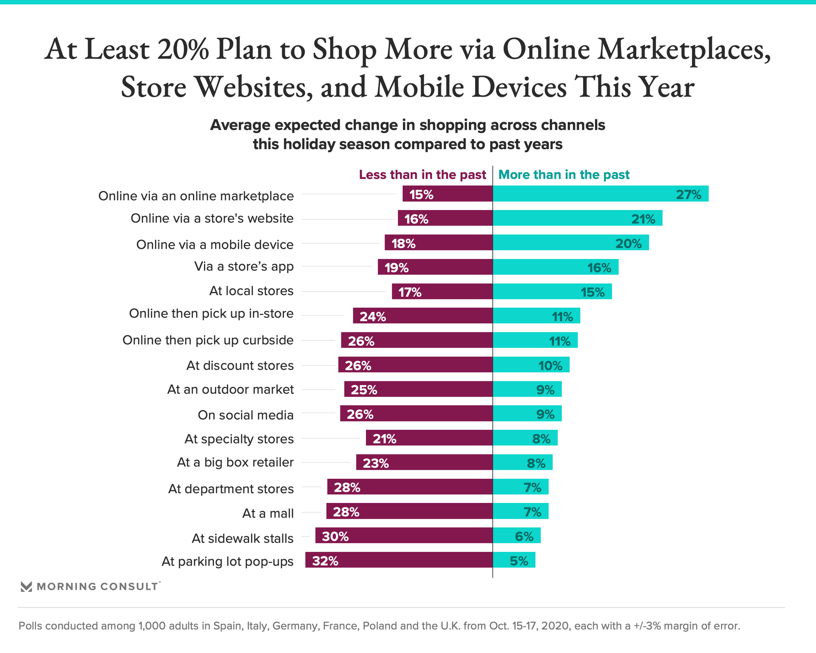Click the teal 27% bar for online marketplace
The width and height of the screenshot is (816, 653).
tap(600, 194)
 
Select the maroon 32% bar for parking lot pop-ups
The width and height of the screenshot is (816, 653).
tap(399, 560)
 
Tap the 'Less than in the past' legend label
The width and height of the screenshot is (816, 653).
tap(422, 175)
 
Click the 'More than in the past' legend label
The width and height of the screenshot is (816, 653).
tap(564, 175)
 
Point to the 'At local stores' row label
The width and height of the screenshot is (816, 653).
tap(251, 291)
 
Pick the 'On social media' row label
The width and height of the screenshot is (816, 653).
tap(246, 415)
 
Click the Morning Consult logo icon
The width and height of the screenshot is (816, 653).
tap(26, 587)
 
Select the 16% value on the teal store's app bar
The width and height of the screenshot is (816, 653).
tap(599, 268)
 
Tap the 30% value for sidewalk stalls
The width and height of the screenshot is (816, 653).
tap(335, 537)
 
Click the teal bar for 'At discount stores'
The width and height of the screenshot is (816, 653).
tap(531, 365)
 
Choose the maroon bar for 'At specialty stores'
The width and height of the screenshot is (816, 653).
tap(429, 438)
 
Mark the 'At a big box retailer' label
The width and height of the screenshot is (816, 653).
tap(235, 462)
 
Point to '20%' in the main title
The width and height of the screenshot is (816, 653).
tap(183, 50)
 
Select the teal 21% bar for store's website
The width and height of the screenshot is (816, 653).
tap(577, 218)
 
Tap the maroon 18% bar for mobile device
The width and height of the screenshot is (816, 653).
tap(439, 243)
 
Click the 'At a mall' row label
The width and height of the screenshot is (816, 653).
tap(268, 514)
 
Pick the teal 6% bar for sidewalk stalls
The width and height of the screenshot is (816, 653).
tap(516, 536)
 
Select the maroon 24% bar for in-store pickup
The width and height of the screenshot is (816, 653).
tap(422, 316)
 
